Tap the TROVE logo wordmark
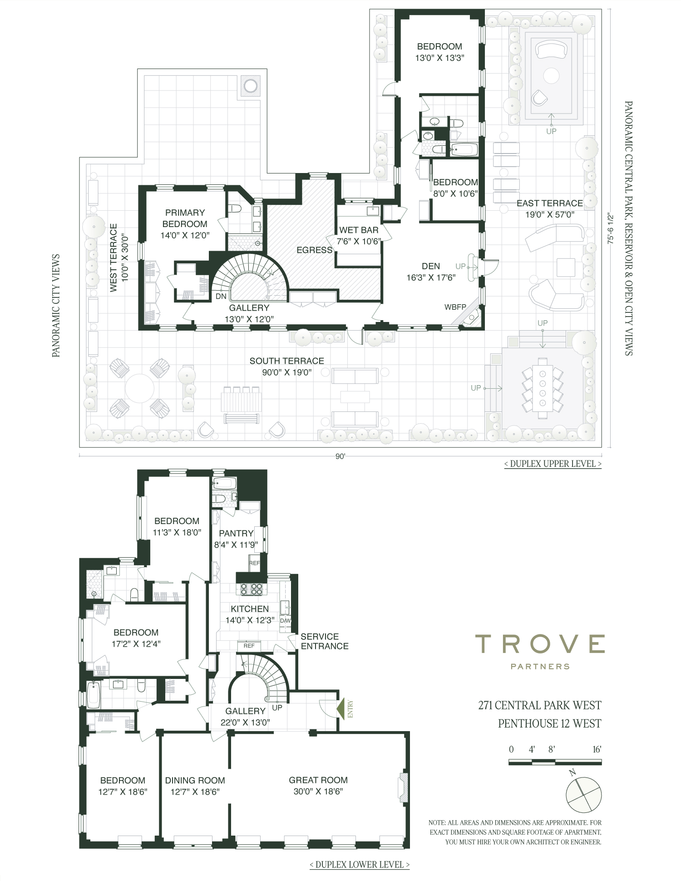[x=540, y=644]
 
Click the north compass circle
[x=584, y=795]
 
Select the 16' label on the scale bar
[x=597, y=749]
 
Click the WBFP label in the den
[x=455, y=307]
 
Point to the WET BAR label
[x=359, y=230]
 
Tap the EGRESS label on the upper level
[x=315, y=250]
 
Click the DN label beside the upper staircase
[x=221, y=296]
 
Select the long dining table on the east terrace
[x=543, y=388]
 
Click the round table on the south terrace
[x=139, y=388]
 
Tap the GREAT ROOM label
[x=318, y=780]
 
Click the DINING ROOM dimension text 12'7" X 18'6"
[x=195, y=792]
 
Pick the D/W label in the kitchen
[x=285, y=621]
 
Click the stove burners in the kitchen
[x=252, y=589]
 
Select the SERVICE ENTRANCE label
[x=325, y=641]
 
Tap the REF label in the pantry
[x=254, y=563]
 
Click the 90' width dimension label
[x=340, y=456]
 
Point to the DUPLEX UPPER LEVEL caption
[x=553, y=464]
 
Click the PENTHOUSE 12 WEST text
[x=549, y=723]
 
